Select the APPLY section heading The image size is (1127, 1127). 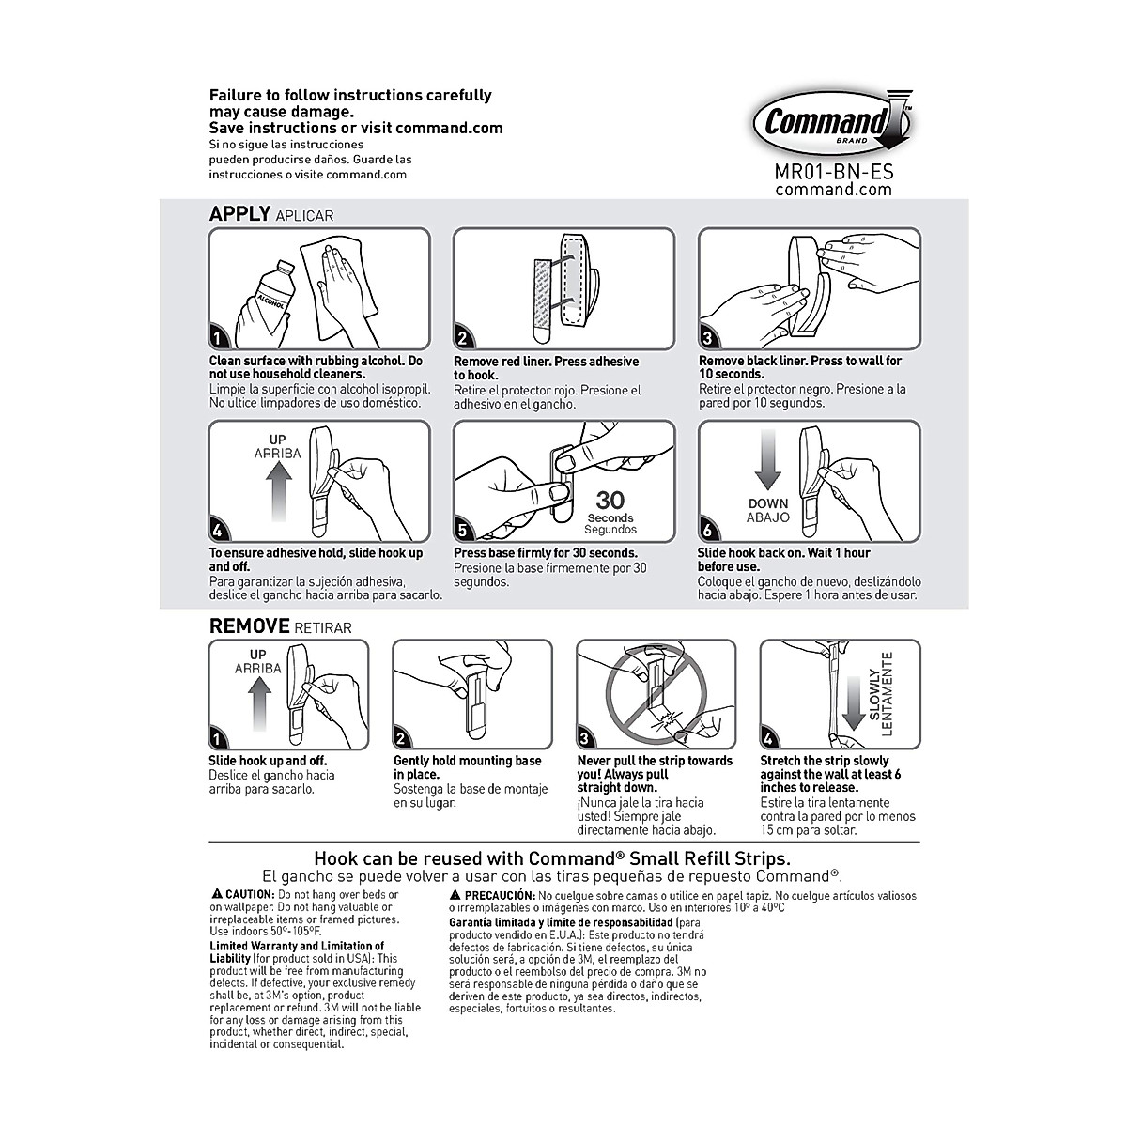point(239,214)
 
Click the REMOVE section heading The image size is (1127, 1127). point(249,625)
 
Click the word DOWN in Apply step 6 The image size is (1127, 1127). point(767,504)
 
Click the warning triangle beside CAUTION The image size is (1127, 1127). point(216,895)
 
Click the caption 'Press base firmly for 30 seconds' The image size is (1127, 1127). point(546,553)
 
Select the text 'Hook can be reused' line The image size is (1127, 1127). point(551,858)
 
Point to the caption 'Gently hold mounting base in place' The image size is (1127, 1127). point(467,767)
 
